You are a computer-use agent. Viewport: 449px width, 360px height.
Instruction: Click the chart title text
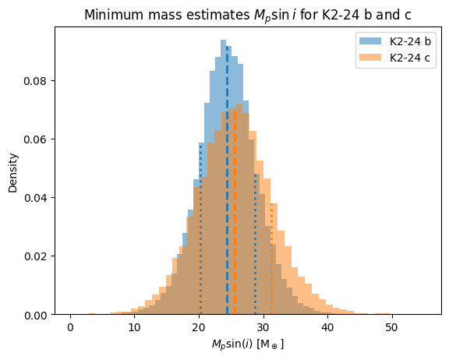248,15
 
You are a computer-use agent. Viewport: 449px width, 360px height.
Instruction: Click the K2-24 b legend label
410,41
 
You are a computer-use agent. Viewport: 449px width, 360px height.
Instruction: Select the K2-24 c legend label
410,58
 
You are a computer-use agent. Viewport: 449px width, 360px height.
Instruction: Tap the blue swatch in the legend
370,41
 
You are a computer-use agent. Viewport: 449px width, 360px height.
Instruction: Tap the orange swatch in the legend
370,58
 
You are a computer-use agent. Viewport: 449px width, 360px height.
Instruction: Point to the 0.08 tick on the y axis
36,81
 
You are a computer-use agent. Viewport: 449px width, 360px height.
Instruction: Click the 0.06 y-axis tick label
36,139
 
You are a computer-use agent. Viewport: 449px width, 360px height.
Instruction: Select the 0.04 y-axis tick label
36,198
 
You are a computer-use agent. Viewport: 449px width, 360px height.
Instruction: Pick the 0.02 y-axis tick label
36,256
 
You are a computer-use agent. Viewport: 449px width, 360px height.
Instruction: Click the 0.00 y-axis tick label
36,315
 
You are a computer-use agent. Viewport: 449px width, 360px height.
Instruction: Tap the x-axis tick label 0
70,327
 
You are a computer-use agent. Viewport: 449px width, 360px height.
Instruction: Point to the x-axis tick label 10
135,327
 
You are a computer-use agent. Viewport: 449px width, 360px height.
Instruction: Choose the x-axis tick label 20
199,327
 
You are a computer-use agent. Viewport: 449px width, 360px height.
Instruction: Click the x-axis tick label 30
263,327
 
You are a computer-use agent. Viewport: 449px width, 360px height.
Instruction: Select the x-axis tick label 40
327,327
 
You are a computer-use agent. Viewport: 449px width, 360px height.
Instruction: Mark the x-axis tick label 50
391,327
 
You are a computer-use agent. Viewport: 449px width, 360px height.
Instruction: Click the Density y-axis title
13,173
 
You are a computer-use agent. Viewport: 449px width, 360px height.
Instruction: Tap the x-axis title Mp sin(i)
248,344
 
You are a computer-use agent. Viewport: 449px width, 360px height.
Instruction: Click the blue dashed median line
227,180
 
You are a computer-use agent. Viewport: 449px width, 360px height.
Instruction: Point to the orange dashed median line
235,212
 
